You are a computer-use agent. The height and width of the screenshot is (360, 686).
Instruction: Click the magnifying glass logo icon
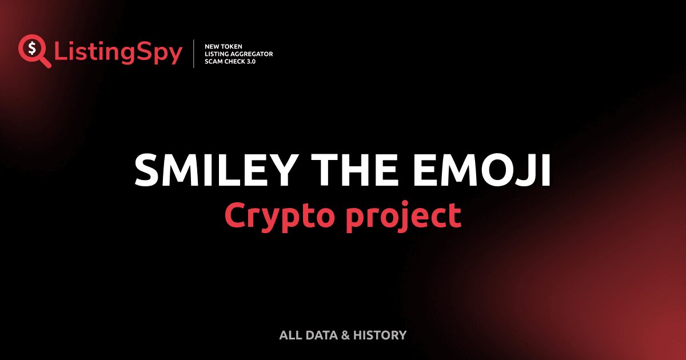click(34, 51)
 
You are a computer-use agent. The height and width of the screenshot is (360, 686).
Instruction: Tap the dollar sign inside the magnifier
click(32, 48)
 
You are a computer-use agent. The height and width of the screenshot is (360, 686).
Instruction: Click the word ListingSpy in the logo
click(118, 53)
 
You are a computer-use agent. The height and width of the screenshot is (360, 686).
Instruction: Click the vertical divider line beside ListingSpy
click(194, 53)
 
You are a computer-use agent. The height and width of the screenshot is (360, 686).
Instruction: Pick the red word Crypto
click(280, 216)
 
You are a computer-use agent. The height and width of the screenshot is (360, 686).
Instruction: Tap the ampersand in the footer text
click(345, 335)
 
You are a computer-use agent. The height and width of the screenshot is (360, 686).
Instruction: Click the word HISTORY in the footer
click(380, 335)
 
